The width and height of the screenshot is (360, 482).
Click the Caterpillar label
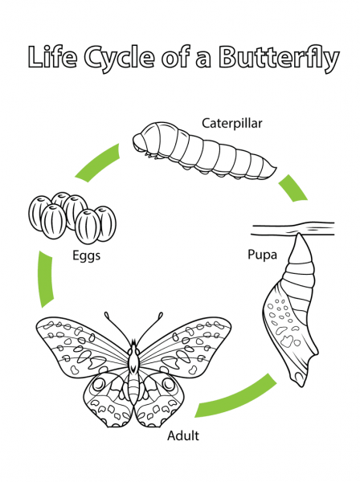tap(232, 123)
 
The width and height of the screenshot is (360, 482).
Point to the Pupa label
tap(262, 255)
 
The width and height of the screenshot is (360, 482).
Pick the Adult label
tap(182, 436)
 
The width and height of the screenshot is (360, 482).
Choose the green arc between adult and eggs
tap(43, 278)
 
